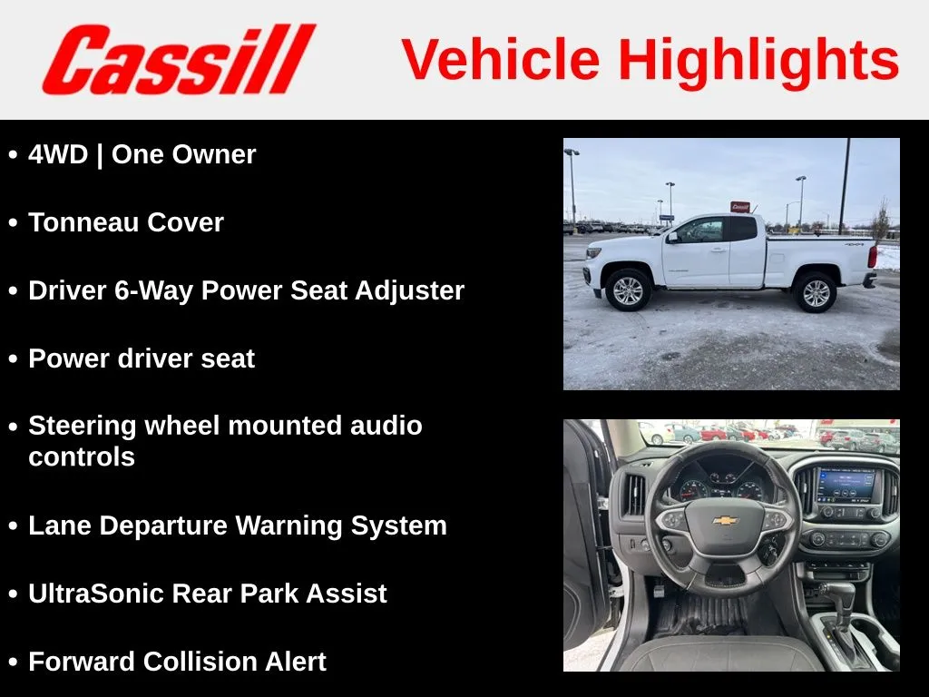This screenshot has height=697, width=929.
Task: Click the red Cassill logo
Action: pos(179,59)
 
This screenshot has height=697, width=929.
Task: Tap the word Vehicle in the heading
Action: pos(501,59)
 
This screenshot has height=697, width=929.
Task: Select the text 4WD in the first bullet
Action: pos(58,154)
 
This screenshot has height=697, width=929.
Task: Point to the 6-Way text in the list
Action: pos(154,291)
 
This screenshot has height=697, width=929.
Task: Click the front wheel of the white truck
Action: pos(628,290)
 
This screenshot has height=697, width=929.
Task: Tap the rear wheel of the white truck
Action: pos(816,292)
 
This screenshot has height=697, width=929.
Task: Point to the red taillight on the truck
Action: pos(872,256)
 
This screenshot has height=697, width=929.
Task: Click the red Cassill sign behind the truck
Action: pos(740,207)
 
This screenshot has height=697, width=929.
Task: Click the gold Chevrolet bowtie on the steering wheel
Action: pos(725,520)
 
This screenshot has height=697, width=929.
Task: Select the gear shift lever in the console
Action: pos(841,602)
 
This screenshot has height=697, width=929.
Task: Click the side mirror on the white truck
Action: pos(672,238)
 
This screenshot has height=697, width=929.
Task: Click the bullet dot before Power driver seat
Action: pos(13,359)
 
